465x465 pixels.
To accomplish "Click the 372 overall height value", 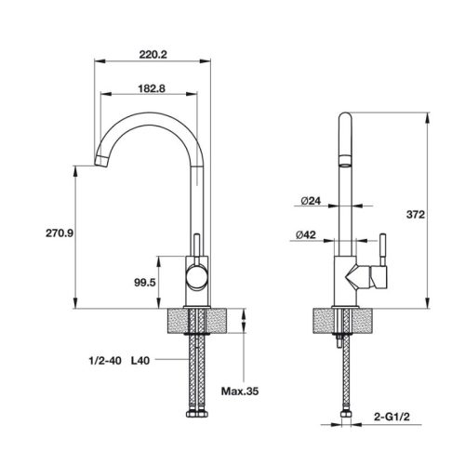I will pyautogui.click(x=415, y=215).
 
